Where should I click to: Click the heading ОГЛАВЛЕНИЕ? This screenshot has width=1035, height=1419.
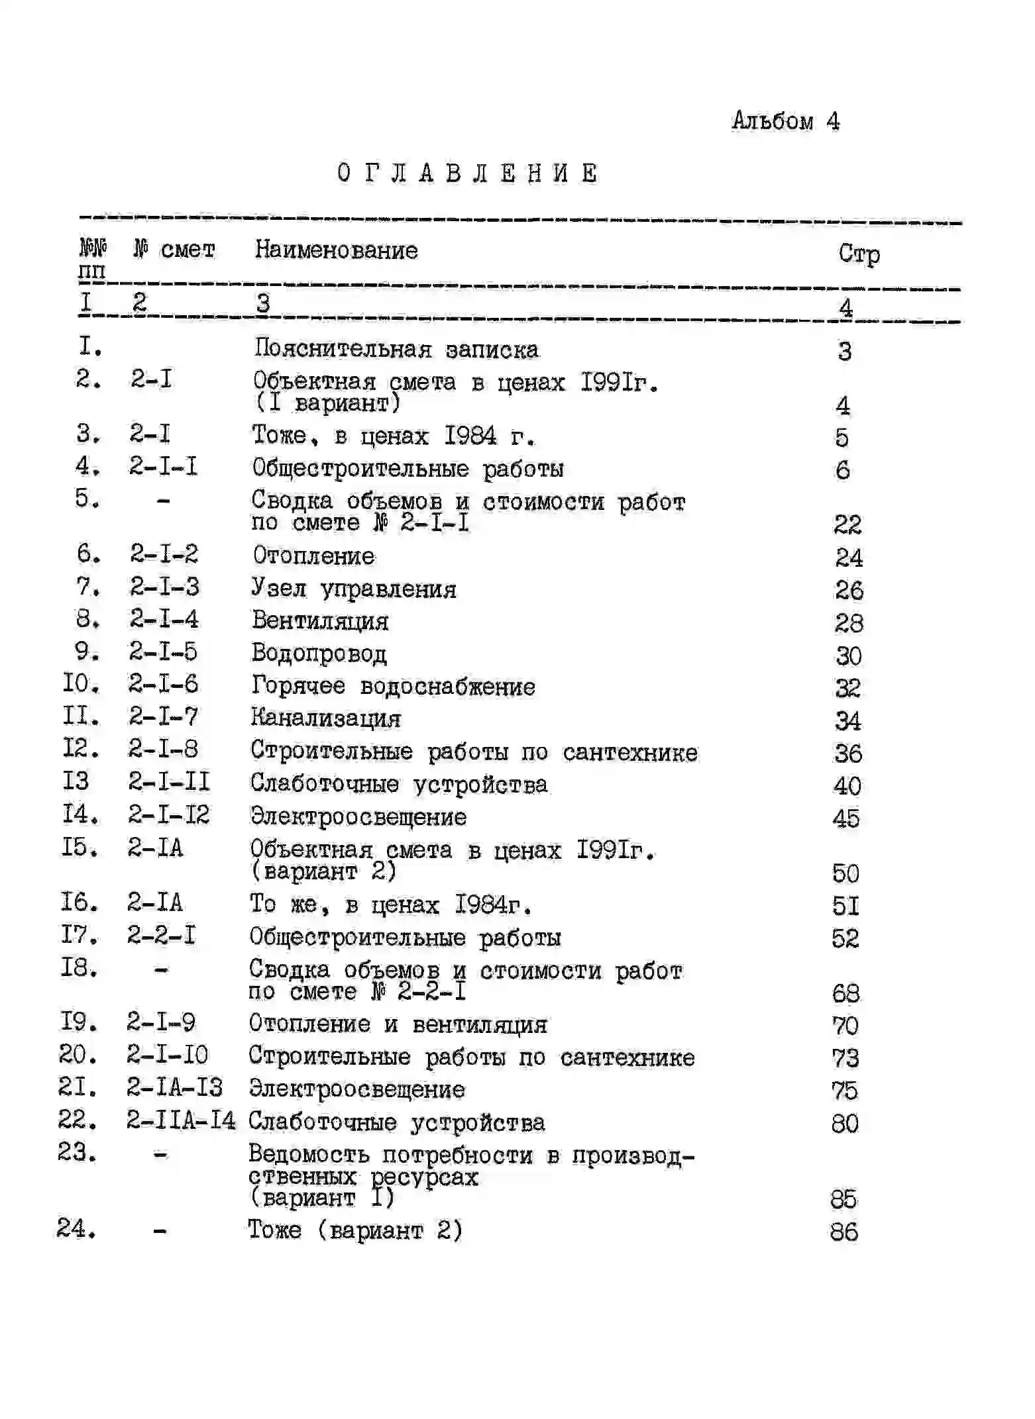tap(467, 173)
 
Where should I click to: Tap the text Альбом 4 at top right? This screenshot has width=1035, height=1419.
tap(785, 121)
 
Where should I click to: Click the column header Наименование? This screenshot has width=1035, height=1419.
tap(337, 250)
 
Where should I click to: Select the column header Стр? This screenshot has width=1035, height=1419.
tap(859, 254)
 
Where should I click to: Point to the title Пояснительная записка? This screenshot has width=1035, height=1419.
tap(396, 349)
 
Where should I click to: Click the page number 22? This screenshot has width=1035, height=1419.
tap(847, 524)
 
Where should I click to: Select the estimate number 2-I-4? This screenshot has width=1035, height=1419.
tap(164, 619)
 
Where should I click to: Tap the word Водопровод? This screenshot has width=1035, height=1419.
tap(319, 653)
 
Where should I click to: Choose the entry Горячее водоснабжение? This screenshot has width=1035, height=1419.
tap(393, 686)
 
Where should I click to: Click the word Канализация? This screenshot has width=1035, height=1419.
tap(325, 718)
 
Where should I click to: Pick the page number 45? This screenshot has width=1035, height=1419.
tap(845, 818)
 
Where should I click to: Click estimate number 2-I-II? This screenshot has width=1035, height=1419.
tap(169, 783)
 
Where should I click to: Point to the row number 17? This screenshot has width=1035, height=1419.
tap(79, 935)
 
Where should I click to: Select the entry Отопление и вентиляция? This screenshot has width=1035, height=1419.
tap(398, 1024)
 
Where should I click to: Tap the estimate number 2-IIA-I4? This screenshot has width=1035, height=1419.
tap(181, 1121)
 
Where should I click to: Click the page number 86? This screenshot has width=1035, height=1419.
tap(844, 1232)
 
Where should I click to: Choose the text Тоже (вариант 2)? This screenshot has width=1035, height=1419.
tap(355, 1230)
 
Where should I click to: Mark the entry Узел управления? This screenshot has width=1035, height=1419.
tap(354, 589)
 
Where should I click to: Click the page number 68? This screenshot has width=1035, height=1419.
tap(845, 993)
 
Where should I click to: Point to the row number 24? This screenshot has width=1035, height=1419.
tap(76, 1229)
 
